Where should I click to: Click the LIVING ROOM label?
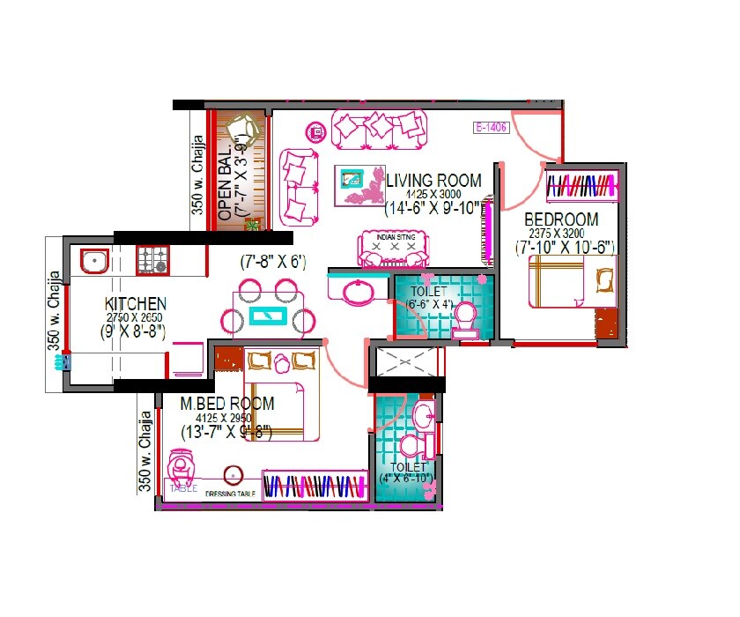tap(434, 181)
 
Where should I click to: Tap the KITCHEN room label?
tap(133, 304)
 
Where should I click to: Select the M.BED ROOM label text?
tap(227, 404)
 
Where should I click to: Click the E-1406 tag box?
tap(492, 127)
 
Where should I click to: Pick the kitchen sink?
tap(92, 260)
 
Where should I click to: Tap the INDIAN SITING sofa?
tap(392, 249)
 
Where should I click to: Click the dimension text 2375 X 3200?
tap(561, 234)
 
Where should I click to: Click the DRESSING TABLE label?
tap(231, 494)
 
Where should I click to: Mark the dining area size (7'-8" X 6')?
tap(272, 262)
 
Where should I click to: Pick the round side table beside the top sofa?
tap(315, 133)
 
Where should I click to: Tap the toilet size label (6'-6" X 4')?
tap(429, 305)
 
